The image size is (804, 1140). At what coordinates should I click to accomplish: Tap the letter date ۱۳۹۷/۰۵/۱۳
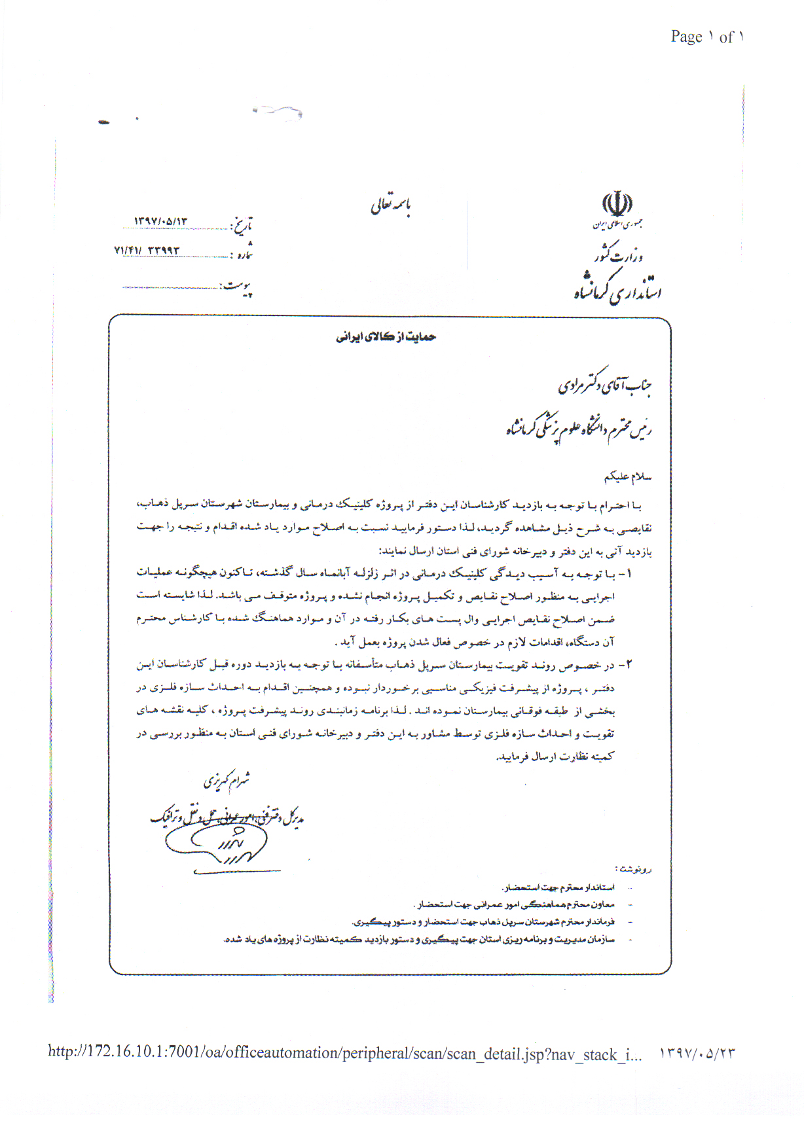(161, 221)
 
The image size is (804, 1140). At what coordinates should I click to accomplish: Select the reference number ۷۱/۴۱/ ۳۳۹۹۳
(147, 250)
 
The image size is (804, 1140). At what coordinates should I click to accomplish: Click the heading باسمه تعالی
(391, 205)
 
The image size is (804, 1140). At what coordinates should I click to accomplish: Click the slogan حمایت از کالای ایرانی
(386, 337)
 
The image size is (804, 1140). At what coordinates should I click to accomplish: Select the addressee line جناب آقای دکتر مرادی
(604, 384)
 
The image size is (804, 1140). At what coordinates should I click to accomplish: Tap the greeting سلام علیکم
(628, 477)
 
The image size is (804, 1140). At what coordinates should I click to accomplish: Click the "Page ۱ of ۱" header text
(706, 37)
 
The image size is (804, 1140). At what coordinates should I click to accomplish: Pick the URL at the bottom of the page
(344, 1054)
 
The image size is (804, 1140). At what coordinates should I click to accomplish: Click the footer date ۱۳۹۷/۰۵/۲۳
(697, 1054)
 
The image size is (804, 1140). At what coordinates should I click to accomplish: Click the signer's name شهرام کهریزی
(227, 780)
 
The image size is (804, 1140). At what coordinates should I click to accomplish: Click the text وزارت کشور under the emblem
(619, 254)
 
